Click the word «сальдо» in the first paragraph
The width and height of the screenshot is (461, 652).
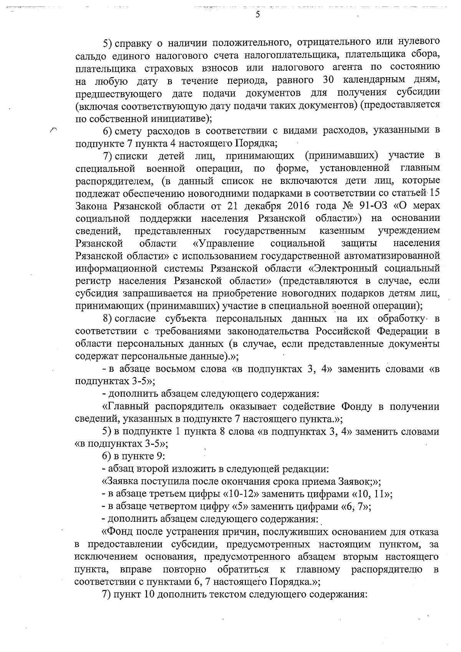coord(90,55)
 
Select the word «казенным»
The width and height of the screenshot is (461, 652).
coord(342,231)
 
